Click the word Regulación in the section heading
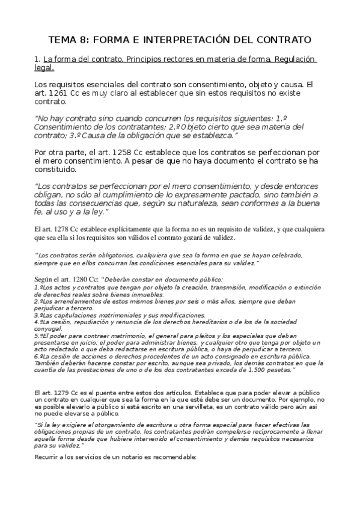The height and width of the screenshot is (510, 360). coord(290,60)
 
